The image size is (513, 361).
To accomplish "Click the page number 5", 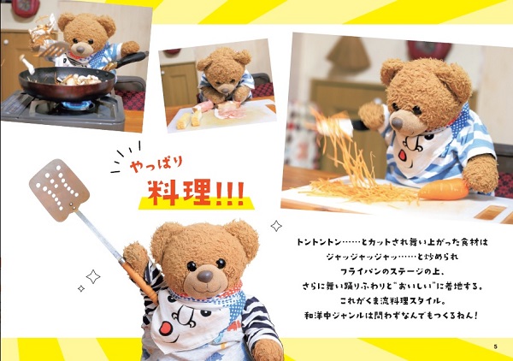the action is pos(495,346).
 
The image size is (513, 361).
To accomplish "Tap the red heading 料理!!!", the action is pos(196,192).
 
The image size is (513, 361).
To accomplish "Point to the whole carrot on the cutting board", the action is pos(443,190).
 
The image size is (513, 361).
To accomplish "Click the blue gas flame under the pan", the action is pos(78,104).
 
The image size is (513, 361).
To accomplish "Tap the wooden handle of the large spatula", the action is pos(139,281).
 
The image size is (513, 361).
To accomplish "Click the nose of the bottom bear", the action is pos(205,276).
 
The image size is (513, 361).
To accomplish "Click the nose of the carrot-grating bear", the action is pos(397,123).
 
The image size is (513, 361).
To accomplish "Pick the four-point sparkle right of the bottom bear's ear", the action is pos(276,226).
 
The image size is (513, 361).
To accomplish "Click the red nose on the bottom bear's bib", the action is pos(166,328).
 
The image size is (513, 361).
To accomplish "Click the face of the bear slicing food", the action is pos(223,74).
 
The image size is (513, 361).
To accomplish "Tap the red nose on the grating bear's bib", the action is pos(403,153).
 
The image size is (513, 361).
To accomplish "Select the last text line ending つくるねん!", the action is pos(392,316).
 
